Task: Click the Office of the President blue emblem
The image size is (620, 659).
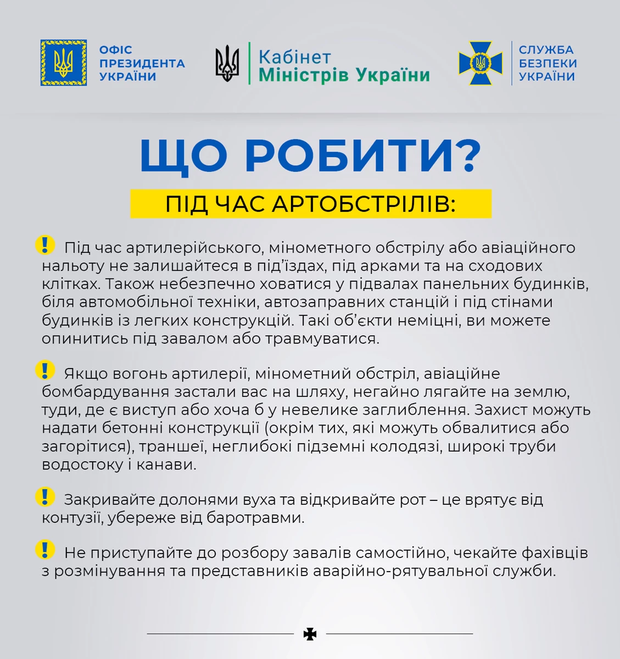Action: tap(64, 63)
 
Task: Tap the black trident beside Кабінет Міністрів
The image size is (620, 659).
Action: tap(227, 63)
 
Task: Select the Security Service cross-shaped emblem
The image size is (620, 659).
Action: tap(481, 63)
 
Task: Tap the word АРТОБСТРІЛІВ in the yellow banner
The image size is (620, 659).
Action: tap(363, 204)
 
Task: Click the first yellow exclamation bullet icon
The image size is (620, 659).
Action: tap(45, 245)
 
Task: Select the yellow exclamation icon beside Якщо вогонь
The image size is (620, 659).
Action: tap(45, 371)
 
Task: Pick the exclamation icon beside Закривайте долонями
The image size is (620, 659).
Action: tap(45, 497)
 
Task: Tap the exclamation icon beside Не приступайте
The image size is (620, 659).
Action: tap(45, 550)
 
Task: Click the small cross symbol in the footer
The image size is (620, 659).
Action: tap(310, 634)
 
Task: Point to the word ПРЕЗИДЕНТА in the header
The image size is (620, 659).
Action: tap(142, 63)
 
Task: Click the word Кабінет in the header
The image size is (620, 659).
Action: tap(295, 57)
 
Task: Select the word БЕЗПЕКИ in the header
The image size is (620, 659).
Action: tap(548, 63)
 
